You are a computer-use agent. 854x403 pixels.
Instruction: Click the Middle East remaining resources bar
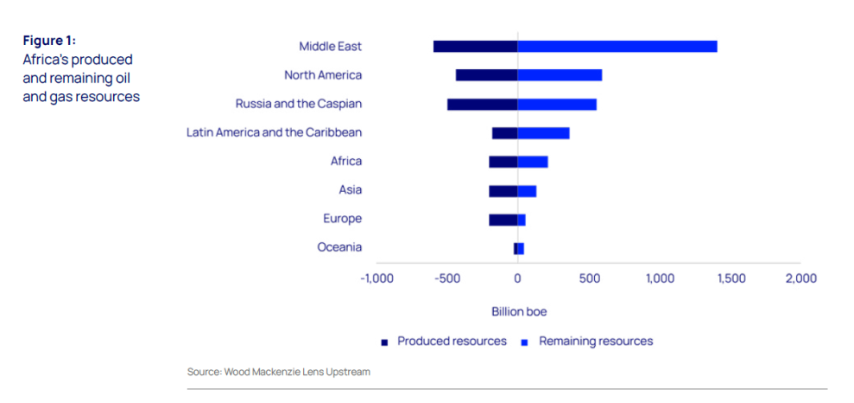[617, 47]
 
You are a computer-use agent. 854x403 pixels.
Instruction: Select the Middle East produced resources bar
[475, 47]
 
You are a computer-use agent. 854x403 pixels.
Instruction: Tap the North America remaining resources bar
[560, 75]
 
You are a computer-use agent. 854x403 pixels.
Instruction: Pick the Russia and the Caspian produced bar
[482, 104]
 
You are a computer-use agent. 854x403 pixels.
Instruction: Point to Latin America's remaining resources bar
[543, 133]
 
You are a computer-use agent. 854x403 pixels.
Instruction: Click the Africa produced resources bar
[503, 162]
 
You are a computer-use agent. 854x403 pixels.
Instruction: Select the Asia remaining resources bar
[527, 190]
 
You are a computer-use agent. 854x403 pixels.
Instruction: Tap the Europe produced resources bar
[503, 220]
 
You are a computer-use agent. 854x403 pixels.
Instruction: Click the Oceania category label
[339, 247]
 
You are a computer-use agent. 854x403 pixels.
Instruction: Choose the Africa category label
[346, 161]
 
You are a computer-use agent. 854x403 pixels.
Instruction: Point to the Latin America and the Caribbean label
[274, 132]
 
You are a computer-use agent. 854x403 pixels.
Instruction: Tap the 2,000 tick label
[800, 278]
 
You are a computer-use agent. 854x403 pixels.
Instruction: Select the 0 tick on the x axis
[517, 278]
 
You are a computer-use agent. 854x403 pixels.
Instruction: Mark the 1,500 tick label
[730, 278]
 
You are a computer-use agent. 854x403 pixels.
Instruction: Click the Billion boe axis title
[519, 311]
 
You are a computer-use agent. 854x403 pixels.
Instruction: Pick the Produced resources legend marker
[384, 342]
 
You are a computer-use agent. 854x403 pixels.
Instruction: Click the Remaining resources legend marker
[525, 342]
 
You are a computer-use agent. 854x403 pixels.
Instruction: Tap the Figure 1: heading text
[49, 41]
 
